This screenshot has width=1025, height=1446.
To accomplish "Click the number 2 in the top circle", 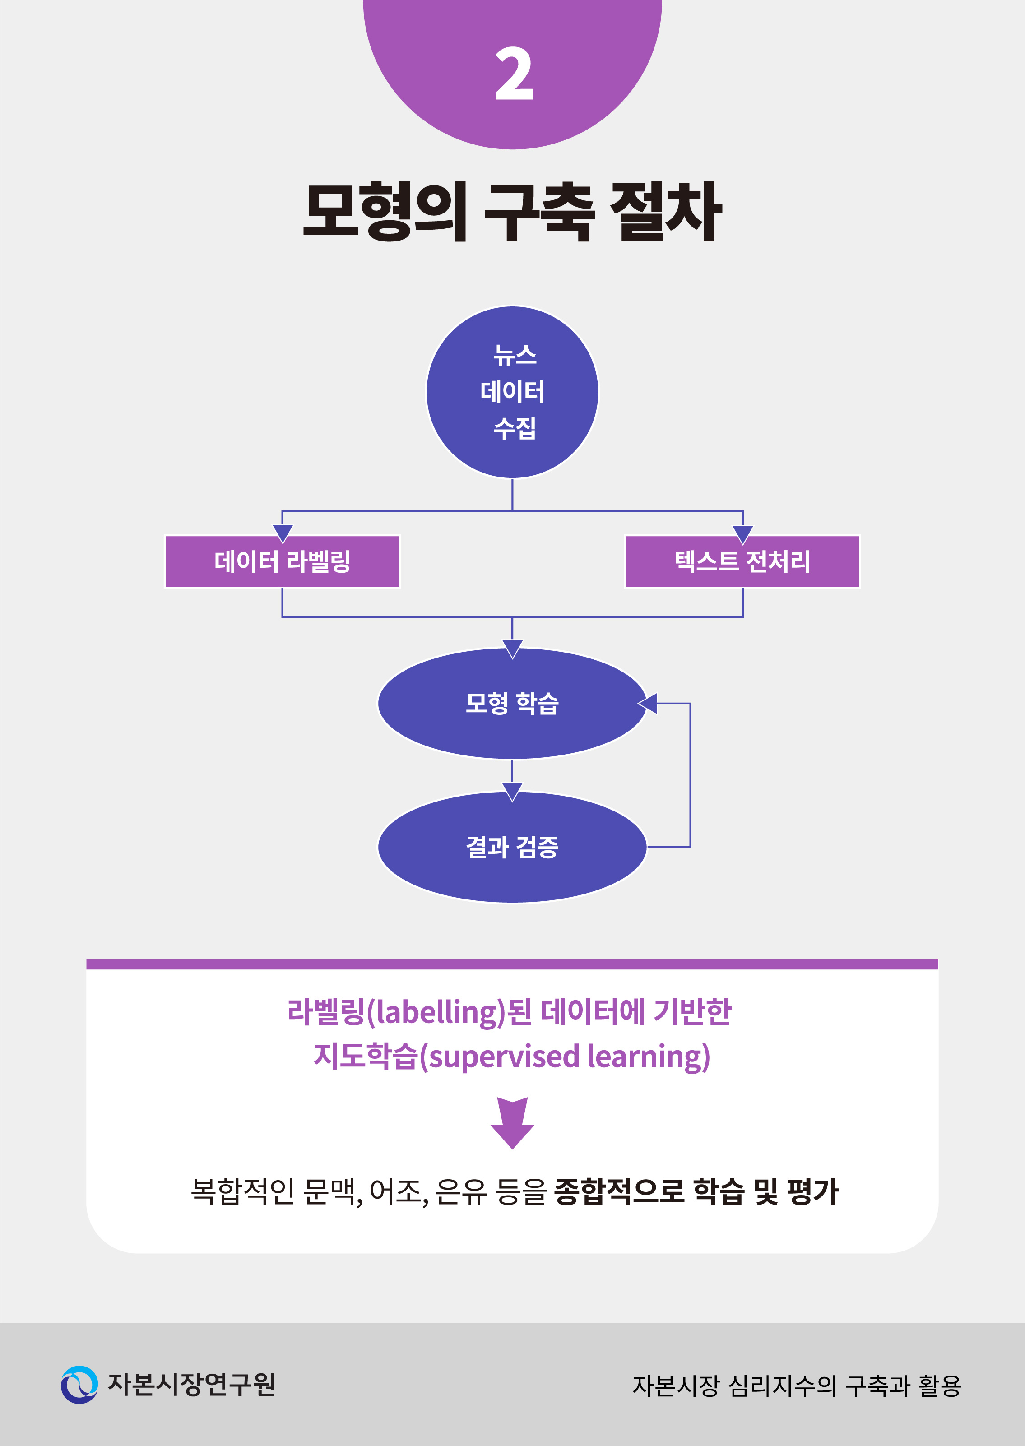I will point(514,74).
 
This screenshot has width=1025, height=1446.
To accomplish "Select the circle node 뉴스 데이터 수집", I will point(513,392).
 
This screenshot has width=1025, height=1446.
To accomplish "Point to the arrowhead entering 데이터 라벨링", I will point(282,533).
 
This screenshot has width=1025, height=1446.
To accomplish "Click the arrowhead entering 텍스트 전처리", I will point(743,534).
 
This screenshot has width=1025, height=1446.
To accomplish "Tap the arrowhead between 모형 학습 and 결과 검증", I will point(513,792).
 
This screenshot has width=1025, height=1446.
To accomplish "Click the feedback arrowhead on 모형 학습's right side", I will point(648,703).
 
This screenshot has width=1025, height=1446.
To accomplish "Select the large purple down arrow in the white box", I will point(513,1123).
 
